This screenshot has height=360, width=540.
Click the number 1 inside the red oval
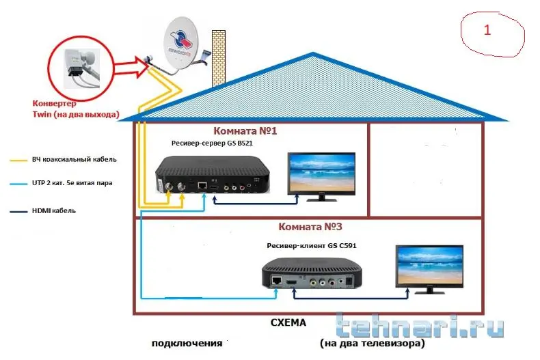(487, 31)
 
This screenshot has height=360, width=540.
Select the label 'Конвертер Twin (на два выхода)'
(75, 109)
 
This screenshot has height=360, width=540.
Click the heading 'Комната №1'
(245, 130)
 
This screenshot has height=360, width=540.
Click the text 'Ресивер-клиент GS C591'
(312, 245)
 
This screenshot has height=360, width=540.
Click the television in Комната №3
(429, 269)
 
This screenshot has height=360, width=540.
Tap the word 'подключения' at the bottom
(187, 342)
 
